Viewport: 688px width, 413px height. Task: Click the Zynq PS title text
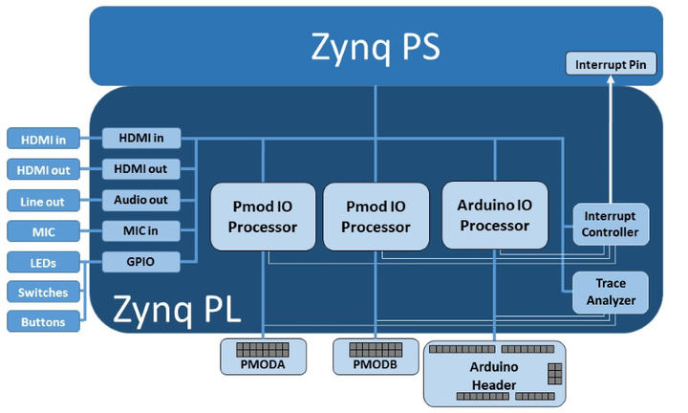pos(376,46)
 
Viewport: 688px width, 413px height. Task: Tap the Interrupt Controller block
pos(611,223)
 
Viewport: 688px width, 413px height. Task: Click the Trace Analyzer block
pos(611,292)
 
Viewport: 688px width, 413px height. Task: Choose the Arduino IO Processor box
pos(494,216)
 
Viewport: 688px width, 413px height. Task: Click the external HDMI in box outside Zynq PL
pos(43,140)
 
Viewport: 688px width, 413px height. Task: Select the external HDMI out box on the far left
pos(43,170)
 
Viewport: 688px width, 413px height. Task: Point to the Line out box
pos(43,201)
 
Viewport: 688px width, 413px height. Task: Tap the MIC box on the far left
pos(43,231)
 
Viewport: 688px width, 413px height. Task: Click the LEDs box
pos(43,262)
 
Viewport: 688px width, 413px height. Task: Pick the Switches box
pos(43,292)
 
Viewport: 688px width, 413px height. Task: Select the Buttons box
pos(43,322)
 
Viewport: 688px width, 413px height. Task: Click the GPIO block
pos(141,262)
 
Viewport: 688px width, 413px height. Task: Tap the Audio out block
pos(141,200)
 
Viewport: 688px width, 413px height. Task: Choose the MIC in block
pos(141,230)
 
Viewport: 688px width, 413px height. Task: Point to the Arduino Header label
pos(494,376)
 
